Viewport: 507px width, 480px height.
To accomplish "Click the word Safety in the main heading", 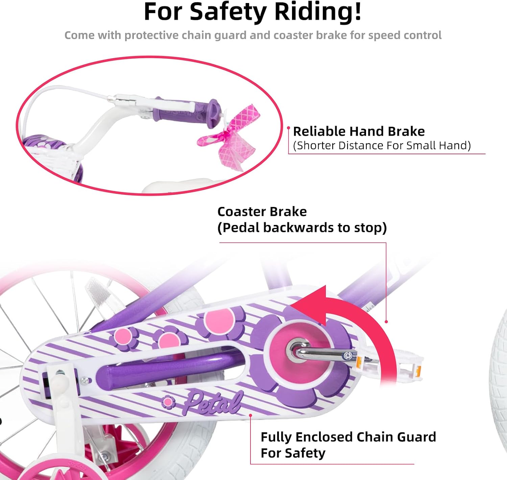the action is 228,13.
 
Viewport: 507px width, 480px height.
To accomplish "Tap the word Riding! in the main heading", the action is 318,12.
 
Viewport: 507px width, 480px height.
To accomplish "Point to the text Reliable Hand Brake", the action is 359,131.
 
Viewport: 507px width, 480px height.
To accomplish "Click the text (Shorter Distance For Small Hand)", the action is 382,145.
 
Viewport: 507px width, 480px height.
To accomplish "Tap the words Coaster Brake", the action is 262,212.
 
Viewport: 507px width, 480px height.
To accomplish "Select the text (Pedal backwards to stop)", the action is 302,228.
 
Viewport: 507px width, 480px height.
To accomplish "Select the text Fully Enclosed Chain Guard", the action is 348,437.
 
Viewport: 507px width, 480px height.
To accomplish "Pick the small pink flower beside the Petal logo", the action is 168,402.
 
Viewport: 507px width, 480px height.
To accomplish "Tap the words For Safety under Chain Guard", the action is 293,453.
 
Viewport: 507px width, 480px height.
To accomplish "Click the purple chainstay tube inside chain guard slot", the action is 170,369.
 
